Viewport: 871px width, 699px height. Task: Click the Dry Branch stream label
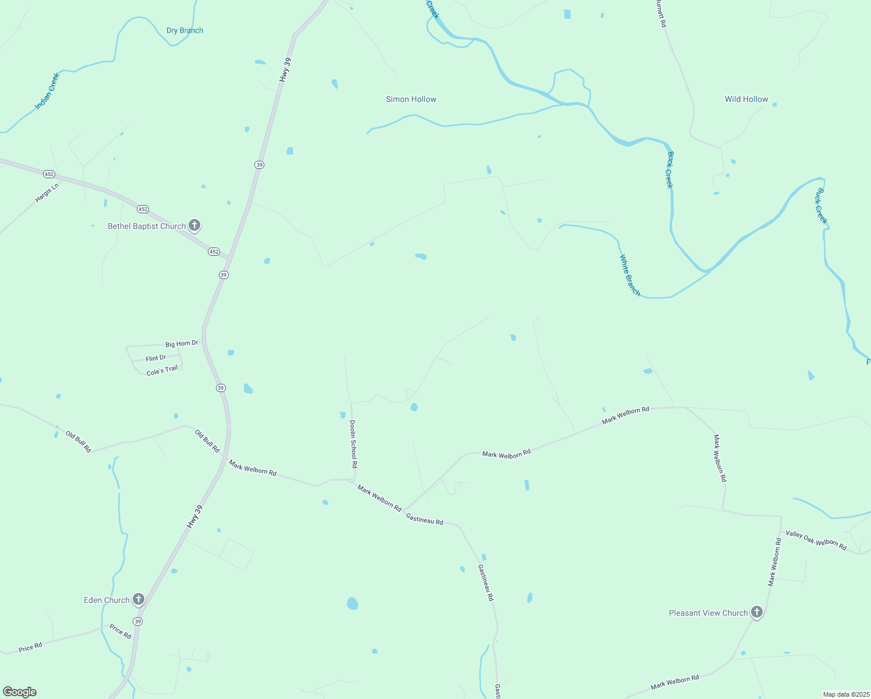(x=185, y=31)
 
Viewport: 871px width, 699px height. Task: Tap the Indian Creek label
(x=47, y=91)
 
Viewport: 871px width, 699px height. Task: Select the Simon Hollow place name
(x=411, y=100)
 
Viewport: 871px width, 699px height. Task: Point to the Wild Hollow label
(x=746, y=100)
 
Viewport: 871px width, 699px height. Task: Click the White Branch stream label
(x=629, y=275)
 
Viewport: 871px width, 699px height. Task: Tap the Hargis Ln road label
(x=47, y=193)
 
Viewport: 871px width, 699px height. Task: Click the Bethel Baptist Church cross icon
(x=194, y=225)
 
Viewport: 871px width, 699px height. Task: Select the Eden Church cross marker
(x=138, y=599)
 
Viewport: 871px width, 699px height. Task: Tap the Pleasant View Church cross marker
(x=756, y=612)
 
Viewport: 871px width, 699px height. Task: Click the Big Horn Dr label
(x=182, y=344)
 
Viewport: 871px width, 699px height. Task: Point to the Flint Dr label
(x=155, y=358)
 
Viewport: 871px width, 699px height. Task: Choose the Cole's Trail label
(x=162, y=370)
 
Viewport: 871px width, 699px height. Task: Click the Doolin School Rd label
(x=353, y=444)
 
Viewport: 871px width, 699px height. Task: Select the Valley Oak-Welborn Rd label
(x=816, y=540)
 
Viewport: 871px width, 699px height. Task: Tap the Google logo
(x=20, y=692)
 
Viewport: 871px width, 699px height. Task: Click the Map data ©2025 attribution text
(x=845, y=694)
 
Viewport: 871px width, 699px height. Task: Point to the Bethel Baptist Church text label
(x=147, y=227)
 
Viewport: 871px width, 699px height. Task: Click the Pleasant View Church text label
(x=708, y=613)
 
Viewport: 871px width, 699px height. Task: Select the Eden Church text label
(x=107, y=601)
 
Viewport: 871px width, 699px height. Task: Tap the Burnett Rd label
(x=661, y=13)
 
